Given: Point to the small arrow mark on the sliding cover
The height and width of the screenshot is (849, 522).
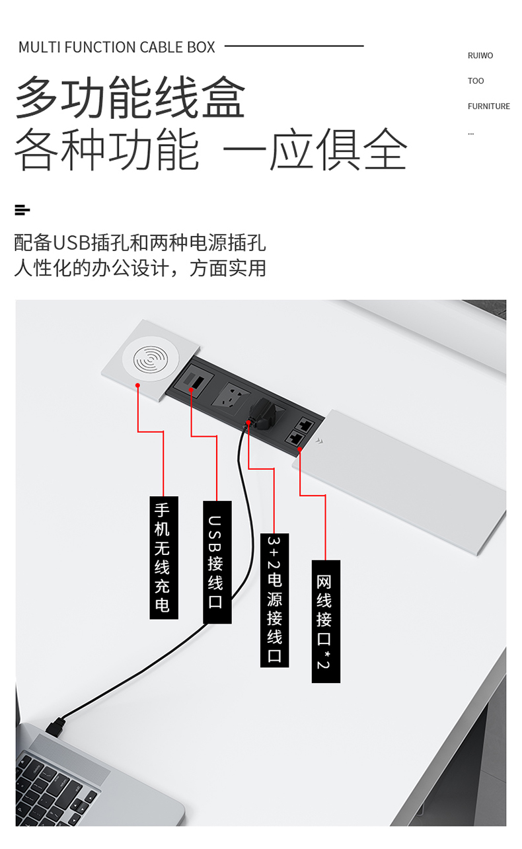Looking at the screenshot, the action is point(320,441).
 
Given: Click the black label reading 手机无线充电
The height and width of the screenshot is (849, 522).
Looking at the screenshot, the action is point(163,557).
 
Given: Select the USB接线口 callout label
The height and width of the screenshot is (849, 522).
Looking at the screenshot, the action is point(217,562).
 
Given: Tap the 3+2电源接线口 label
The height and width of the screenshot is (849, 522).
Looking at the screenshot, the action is point(274,599).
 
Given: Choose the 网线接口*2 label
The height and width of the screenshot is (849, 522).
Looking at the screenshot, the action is point(325,621).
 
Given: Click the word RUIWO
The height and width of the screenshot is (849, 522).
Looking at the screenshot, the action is point(480,55).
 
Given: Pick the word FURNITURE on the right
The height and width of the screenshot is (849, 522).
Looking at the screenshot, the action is point(488,106).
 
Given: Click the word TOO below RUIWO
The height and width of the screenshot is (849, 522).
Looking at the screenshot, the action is point(476,81).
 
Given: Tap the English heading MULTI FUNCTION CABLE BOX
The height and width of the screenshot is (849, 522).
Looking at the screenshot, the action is point(117,48).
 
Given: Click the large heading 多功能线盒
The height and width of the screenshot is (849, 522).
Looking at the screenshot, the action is point(130,98).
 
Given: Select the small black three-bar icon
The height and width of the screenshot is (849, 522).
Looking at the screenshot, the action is point(22,210).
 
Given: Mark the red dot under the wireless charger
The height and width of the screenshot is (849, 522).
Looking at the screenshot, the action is point(137,385).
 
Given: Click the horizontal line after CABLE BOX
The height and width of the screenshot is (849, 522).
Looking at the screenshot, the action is point(294,46).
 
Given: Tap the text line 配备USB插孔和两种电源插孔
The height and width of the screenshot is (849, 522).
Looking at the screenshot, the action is point(140,242).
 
